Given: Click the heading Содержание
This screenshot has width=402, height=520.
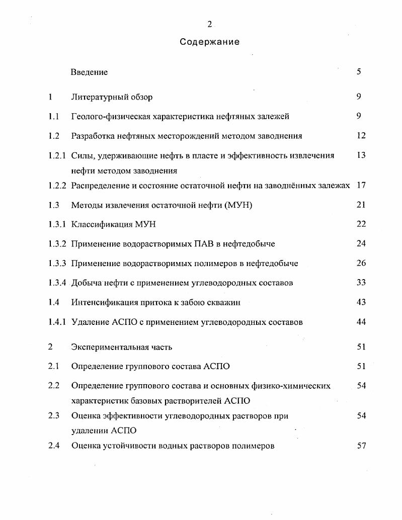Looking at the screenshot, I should (209, 42).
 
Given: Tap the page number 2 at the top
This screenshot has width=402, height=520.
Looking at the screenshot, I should (209, 24).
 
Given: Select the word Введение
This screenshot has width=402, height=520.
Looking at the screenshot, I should (89, 72).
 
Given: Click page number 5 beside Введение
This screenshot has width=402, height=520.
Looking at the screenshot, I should (359, 71).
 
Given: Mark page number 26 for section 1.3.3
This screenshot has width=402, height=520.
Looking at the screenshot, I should (361, 263).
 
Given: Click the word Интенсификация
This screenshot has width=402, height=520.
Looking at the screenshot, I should (103, 302).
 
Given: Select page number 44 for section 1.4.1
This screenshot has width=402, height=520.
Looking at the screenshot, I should (361, 322).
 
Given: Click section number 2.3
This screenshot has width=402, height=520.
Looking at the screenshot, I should (54, 416).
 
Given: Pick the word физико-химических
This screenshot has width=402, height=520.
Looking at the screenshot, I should (294, 386).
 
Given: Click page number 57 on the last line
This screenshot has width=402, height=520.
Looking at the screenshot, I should (361, 446).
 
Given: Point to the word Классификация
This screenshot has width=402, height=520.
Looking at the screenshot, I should (102, 224).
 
